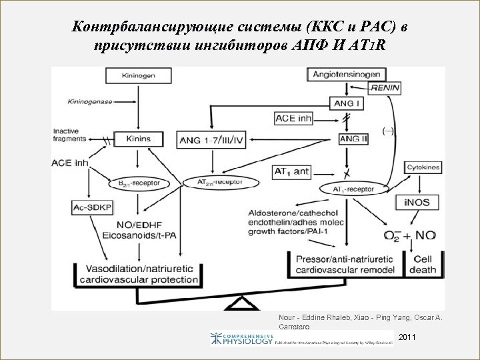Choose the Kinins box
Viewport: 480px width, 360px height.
click(138, 139)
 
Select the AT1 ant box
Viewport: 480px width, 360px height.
click(292, 171)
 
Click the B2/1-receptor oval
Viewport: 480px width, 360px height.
click(138, 182)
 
